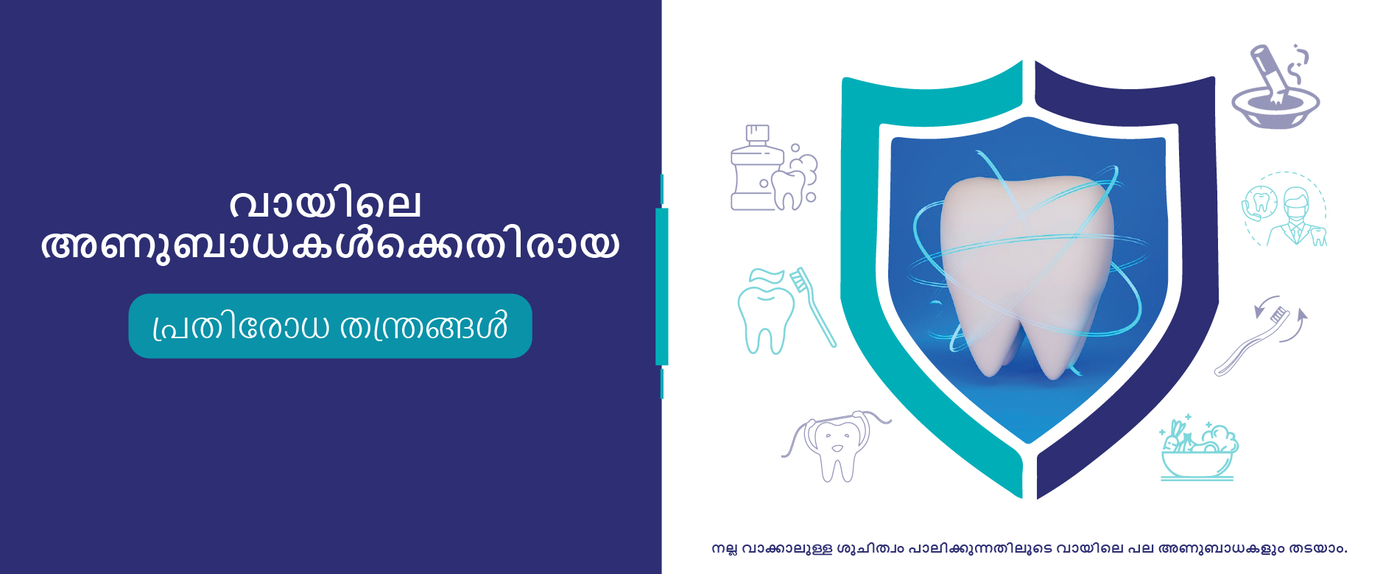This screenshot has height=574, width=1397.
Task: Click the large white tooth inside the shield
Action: [x=1027, y=273]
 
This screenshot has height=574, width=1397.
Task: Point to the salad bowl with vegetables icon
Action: [x=1198, y=450]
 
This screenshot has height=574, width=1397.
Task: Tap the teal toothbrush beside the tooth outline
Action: [x=813, y=307]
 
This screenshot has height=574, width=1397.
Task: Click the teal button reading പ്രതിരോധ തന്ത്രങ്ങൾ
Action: [x=330, y=326]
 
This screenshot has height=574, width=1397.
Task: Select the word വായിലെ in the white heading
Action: [x=326, y=203]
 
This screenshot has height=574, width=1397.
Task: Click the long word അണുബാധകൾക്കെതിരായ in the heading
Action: [x=330, y=245]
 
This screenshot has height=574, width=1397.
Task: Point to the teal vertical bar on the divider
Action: [x=661, y=287]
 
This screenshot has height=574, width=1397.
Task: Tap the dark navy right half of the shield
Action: [x=1127, y=273]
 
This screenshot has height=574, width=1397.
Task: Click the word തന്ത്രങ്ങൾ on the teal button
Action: [x=423, y=326]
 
